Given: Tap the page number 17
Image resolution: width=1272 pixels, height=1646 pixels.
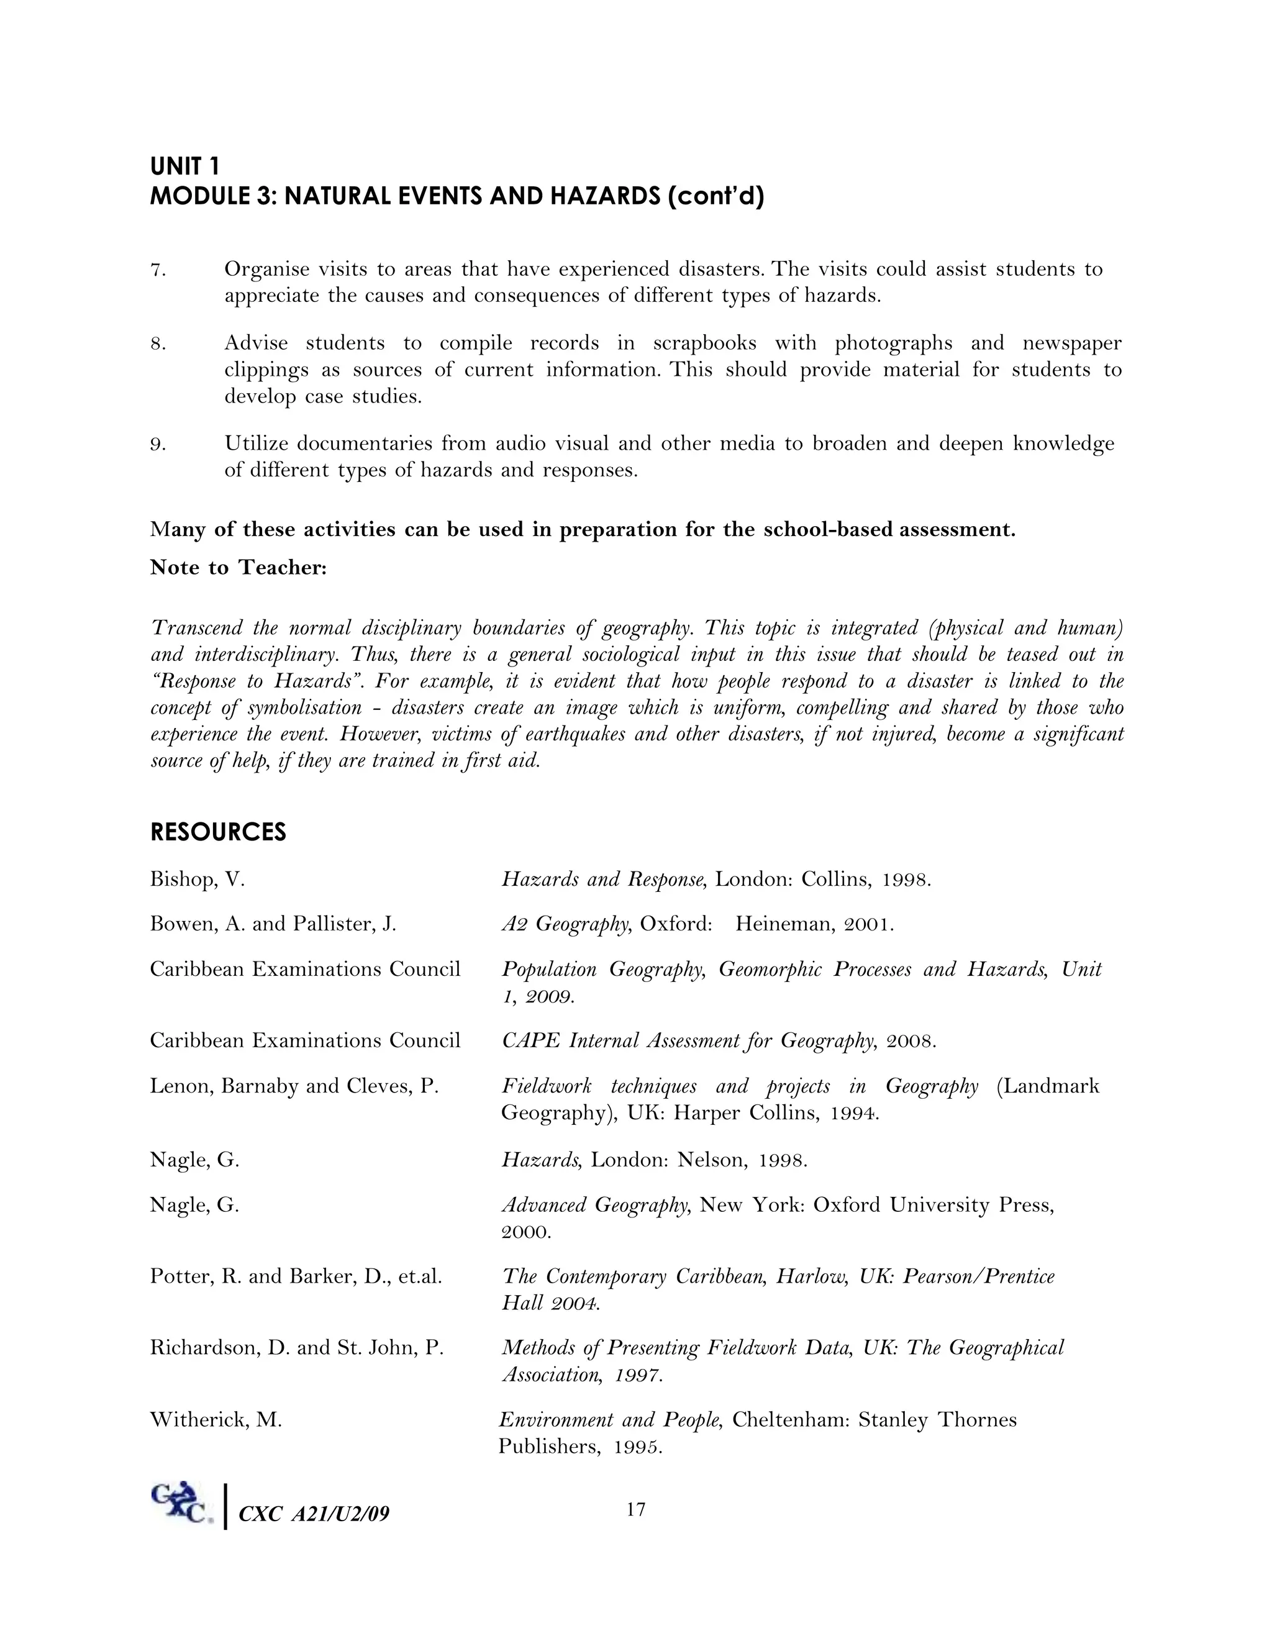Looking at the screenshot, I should (x=636, y=1509).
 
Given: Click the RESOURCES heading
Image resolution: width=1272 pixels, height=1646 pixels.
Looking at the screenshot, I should (x=218, y=832).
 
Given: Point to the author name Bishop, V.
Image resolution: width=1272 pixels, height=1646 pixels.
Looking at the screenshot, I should (x=198, y=880).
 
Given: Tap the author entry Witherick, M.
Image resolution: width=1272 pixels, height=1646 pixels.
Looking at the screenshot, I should (x=216, y=1420).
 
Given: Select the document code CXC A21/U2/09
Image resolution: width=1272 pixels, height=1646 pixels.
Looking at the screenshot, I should (x=314, y=1513).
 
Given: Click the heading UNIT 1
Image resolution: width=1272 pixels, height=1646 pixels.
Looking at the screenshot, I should (x=184, y=166).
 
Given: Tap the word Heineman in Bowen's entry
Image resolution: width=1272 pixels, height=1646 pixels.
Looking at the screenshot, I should (x=784, y=924).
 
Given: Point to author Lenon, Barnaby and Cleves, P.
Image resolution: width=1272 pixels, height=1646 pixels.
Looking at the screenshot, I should (x=294, y=1086).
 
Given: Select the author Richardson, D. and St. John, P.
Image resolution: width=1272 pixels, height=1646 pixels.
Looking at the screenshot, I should (x=297, y=1348).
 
